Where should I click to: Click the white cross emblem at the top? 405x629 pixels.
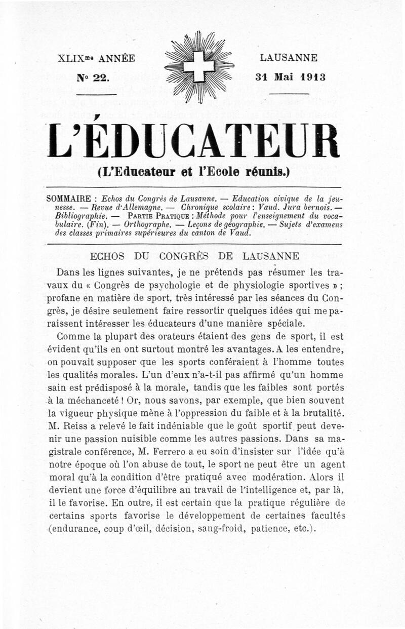(x=199, y=66)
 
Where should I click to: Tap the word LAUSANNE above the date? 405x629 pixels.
(x=289, y=58)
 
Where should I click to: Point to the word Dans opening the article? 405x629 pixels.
(x=70, y=273)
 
